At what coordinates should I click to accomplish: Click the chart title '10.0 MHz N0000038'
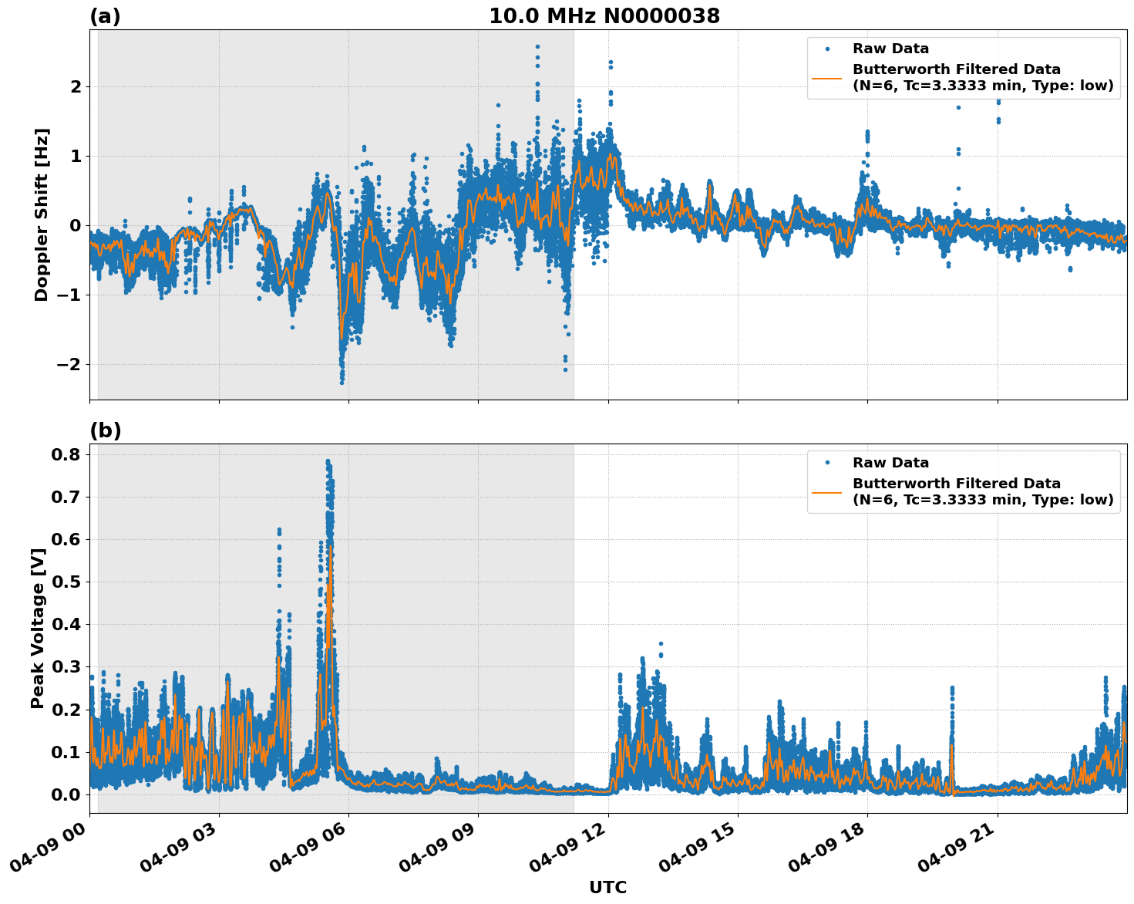[x=604, y=16]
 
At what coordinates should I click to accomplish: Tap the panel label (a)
[x=105, y=16]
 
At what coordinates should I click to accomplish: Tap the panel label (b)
[x=105, y=430]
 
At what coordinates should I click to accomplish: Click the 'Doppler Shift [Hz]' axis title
[x=42, y=214]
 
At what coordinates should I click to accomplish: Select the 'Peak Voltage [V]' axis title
[x=38, y=628]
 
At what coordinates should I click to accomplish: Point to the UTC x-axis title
[x=607, y=887]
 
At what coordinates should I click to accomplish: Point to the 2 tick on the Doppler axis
[x=75, y=86]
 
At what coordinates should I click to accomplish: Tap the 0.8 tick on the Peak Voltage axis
[x=66, y=454]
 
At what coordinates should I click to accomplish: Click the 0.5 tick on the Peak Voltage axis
[x=66, y=582]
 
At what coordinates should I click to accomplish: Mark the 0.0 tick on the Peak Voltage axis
[x=66, y=794]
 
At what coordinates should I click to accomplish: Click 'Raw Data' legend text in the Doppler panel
[x=890, y=49]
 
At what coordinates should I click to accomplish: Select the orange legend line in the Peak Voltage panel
[x=826, y=492]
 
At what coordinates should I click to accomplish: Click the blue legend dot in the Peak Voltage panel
[x=826, y=463]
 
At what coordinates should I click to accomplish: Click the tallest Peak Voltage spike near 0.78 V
[x=328, y=462]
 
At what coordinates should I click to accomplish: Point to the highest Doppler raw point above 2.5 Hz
[x=537, y=46]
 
